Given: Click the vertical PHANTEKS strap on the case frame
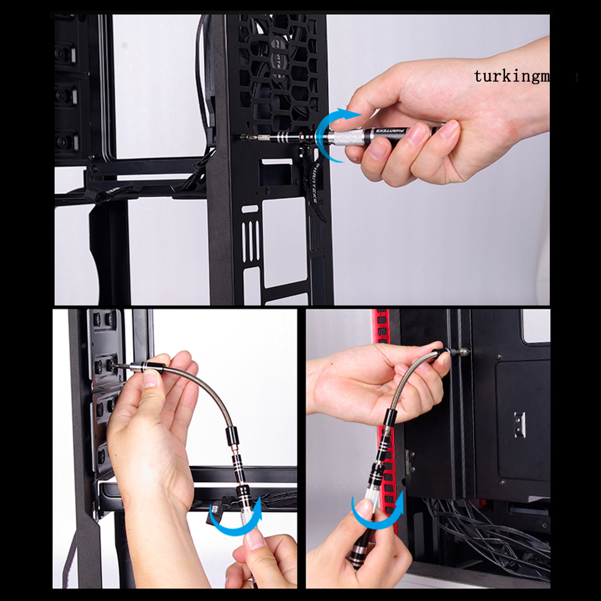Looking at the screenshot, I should (316, 186).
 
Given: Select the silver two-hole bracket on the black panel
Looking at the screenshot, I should (520, 424).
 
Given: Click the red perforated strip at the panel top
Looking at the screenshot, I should (382, 327).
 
